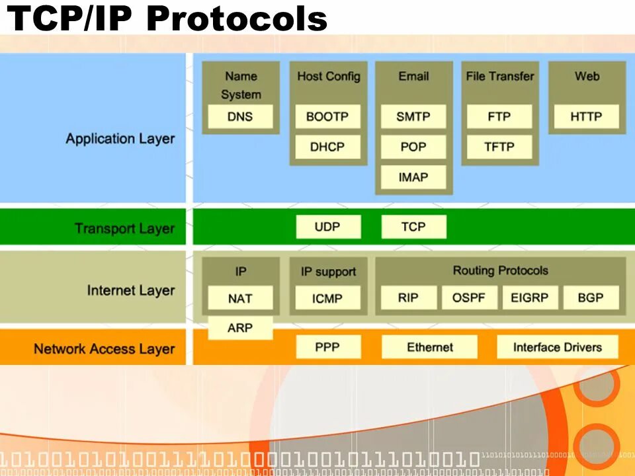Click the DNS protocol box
tap(240, 117)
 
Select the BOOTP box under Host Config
tap(327, 117)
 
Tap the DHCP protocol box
tap(327, 147)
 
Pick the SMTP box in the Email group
tap(413, 117)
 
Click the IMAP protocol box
tap(413, 177)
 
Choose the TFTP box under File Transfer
tap(499, 147)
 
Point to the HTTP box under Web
tap(586, 117)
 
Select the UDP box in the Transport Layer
tap(328, 227)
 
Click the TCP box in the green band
tap(413, 227)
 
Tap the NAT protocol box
tap(240, 298)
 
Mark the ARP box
tap(240, 328)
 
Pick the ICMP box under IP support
tap(327, 298)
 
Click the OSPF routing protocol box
tap(469, 297)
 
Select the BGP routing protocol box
tap(591, 297)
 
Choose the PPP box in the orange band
tap(328, 347)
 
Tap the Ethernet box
tap(429, 347)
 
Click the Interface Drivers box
tap(557, 347)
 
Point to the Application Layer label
tap(120, 139)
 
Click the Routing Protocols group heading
tap(500, 270)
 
